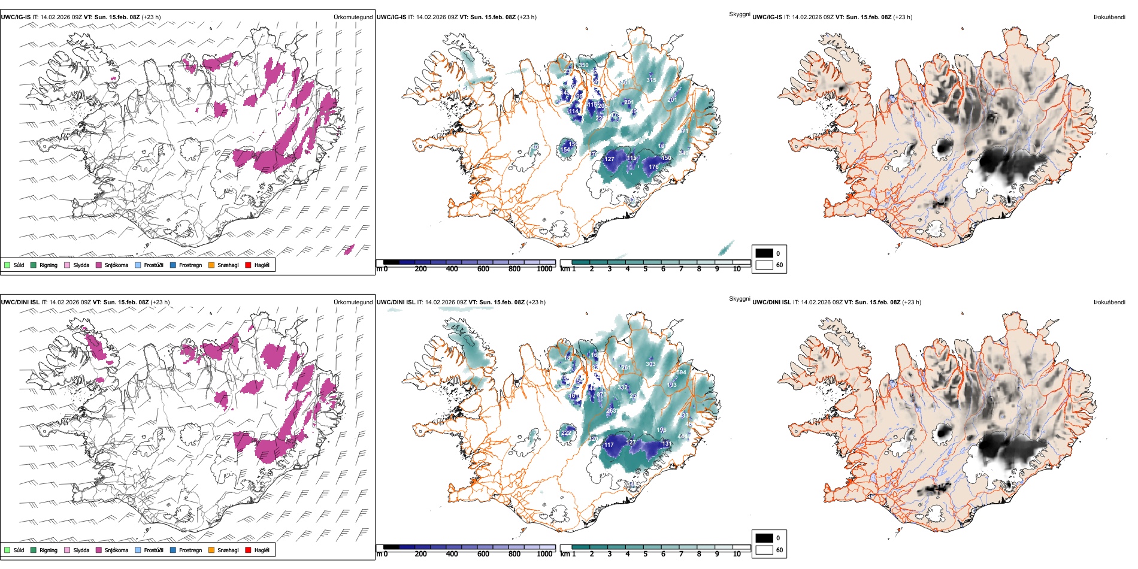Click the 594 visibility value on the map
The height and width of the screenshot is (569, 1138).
point(681,373)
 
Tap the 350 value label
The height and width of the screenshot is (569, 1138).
point(583,65)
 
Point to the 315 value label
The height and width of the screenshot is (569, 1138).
point(651,80)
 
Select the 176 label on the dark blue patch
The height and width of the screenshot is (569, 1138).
point(653,167)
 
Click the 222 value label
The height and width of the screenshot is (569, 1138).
point(566,432)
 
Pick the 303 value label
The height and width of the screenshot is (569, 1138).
point(650,364)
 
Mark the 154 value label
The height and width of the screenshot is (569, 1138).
point(565,150)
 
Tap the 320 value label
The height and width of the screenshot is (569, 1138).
point(593,439)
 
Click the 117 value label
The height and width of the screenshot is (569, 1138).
point(609,445)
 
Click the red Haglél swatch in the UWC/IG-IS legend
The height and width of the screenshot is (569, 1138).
point(248,265)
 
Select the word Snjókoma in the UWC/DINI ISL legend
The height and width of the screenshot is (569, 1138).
point(116,550)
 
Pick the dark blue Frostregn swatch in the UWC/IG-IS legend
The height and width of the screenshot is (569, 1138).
point(173,265)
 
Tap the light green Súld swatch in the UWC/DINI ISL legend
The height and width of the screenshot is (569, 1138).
point(7,550)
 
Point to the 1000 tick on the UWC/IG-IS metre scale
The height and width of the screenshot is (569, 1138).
point(544,269)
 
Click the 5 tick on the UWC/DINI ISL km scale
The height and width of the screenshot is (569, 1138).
point(645,554)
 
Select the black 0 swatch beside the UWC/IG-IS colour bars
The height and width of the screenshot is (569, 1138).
point(764,253)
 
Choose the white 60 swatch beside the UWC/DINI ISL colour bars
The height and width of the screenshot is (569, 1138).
point(764,549)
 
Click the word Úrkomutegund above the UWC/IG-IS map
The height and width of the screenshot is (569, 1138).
point(353,17)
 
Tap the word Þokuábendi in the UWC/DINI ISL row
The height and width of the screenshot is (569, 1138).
point(1109,302)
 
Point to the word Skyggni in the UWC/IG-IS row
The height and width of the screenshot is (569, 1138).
point(739,14)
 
